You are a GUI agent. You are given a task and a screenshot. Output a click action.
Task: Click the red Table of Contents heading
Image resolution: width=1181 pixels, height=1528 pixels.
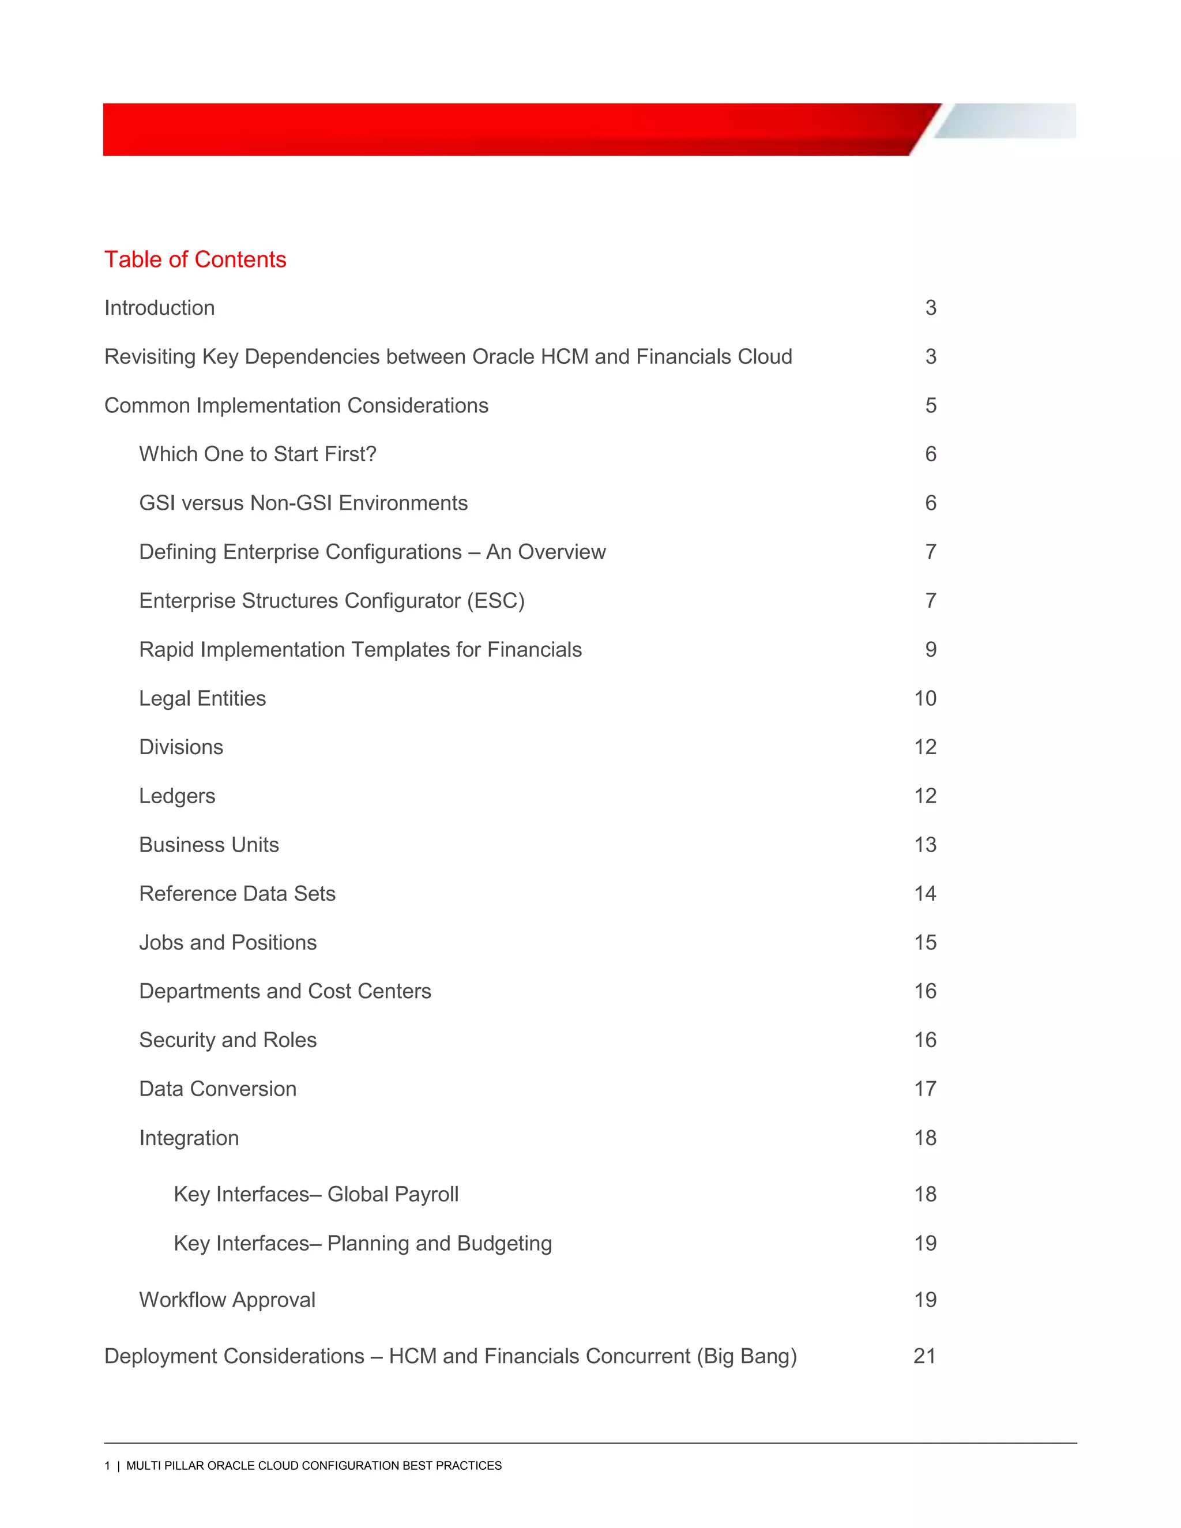click(195, 259)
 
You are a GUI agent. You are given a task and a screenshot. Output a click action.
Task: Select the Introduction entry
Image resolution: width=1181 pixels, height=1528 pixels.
click(160, 308)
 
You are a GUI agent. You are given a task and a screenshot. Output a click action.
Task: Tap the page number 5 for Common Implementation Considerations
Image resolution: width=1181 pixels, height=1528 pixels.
click(931, 406)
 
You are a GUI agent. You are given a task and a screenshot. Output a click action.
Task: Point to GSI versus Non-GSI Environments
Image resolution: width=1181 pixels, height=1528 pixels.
click(303, 503)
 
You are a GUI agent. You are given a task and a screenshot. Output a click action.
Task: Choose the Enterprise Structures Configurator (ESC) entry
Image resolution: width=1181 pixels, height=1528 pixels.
click(332, 601)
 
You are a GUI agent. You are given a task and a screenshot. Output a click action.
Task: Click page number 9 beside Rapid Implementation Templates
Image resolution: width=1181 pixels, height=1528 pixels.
click(931, 650)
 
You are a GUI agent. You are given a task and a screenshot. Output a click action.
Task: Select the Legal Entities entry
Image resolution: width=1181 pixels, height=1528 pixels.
click(202, 698)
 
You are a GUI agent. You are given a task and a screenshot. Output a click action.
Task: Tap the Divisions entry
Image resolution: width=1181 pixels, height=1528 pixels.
click(181, 747)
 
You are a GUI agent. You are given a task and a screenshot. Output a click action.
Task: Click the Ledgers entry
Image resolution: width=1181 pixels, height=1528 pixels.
click(177, 796)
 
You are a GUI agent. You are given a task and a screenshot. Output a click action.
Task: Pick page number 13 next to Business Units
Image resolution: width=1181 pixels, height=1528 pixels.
click(925, 845)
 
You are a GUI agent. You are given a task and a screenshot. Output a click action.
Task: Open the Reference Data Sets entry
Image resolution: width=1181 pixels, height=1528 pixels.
click(237, 894)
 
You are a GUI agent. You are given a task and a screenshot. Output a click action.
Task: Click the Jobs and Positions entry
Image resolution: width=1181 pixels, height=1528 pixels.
click(227, 942)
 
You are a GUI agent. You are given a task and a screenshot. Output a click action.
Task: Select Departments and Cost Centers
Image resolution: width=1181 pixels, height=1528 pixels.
click(285, 991)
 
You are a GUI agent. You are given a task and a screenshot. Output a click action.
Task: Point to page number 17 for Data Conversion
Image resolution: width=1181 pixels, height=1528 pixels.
click(925, 1089)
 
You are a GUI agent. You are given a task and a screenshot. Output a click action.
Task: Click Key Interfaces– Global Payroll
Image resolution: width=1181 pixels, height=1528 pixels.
click(315, 1194)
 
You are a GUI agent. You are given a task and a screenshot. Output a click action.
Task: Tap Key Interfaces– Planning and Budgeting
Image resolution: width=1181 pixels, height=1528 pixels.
click(362, 1243)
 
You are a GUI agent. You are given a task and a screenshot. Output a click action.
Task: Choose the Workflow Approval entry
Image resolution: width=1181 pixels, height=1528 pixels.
click(227, 1300)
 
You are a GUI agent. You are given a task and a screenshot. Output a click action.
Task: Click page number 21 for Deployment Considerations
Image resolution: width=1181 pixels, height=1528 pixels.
click(924, 1356)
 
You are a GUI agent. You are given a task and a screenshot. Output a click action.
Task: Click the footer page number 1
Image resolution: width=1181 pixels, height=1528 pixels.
click(107, 1466)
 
